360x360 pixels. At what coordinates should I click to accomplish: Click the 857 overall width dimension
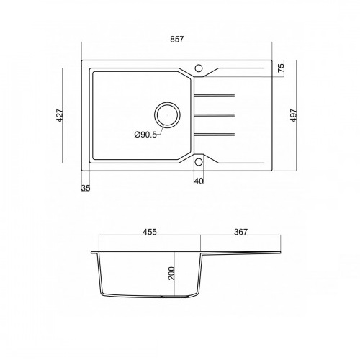(x=177, y=39)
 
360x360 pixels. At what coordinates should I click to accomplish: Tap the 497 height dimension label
(x=294, y=115)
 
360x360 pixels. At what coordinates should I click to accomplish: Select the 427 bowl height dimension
(x=60, y=115)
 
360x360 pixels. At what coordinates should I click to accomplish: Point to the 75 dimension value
(x=281, y=68)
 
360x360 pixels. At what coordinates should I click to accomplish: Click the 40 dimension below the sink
(x=199, y=181)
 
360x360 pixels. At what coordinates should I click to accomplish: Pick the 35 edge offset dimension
(x=86, y=188)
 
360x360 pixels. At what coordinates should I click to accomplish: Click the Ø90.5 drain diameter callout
(x=145, y=135)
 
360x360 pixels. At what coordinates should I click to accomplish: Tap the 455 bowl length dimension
(x=150, y=232)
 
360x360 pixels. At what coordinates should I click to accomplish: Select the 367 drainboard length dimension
(x=240, y=232)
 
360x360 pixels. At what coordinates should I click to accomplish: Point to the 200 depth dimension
(x=171, y=273)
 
